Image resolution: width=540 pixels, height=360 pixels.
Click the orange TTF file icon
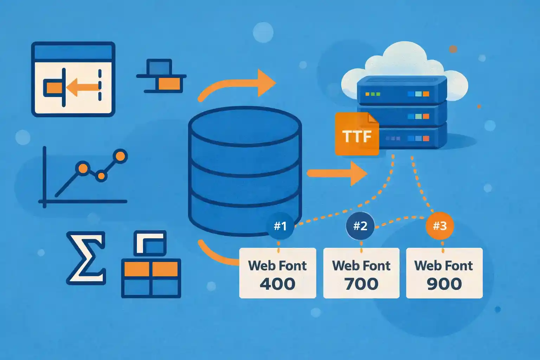pos(356,135)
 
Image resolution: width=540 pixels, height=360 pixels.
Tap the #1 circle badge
pos(280,226)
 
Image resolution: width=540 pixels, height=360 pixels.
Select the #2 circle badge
pos(360,226)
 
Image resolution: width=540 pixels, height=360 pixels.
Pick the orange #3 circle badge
pos(440,226)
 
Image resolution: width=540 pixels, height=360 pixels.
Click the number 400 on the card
pos(277,284)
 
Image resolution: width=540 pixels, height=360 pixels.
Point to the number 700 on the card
pos(361,284)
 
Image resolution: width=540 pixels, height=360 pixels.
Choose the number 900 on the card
pos(444,284)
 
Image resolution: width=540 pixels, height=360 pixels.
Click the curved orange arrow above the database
pos(239,84)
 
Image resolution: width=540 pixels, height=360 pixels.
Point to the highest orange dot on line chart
pos(121,156)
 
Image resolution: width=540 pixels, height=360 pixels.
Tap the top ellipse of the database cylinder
pos(245,126)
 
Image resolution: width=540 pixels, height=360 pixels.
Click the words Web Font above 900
pos(444,266)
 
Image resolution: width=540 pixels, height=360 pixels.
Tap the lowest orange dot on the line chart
pos(101,175)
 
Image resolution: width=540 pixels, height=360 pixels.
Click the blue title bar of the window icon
pos(73,52)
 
